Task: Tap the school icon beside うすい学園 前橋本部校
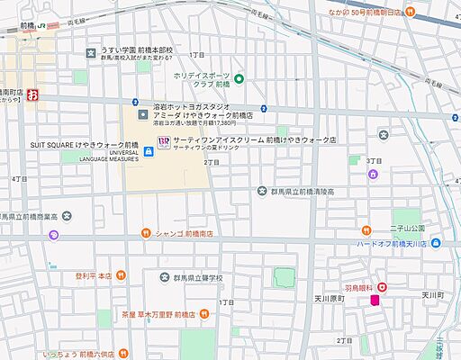click(91, 53)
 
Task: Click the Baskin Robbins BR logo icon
click(163, 141)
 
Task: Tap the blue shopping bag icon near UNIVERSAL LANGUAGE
click(148, 151)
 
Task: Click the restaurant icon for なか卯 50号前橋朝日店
click(411, 12)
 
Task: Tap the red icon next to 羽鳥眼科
click(383, 287)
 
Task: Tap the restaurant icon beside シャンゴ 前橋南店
click(145, 233)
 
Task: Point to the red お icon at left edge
click(32, 94)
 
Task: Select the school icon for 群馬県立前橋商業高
click(54, 235)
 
